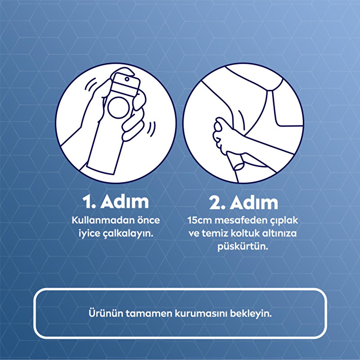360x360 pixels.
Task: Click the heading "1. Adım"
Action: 115,202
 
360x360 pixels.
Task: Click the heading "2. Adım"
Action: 244,202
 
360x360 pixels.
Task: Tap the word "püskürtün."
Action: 243,247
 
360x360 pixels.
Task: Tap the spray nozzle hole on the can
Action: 127,79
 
